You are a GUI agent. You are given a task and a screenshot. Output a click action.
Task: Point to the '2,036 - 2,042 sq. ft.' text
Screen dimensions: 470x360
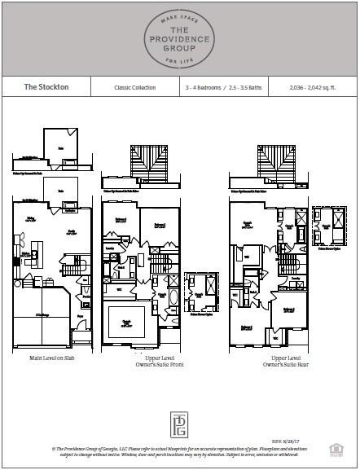(311, 86)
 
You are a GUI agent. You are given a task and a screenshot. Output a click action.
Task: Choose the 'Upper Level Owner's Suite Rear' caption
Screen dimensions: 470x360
(269, 361)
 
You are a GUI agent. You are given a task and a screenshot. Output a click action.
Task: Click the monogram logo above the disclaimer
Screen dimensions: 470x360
(179, 424)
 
